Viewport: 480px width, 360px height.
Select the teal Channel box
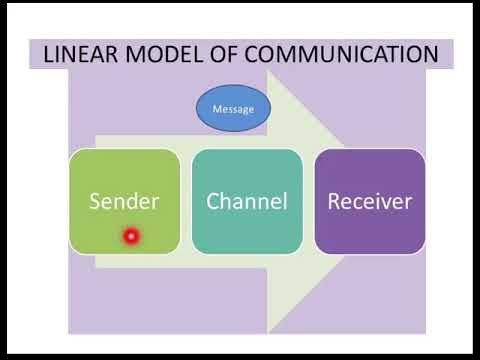point(246,200)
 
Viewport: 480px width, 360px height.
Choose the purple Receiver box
point(369,200)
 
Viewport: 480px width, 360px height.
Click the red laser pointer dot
point(130,237)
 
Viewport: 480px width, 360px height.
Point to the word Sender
point(124,201)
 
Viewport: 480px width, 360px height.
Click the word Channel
point(246,201)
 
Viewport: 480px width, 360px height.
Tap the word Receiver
point(369,201)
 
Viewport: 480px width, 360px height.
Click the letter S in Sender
point(96,201)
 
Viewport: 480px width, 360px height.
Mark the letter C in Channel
point(213,201)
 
